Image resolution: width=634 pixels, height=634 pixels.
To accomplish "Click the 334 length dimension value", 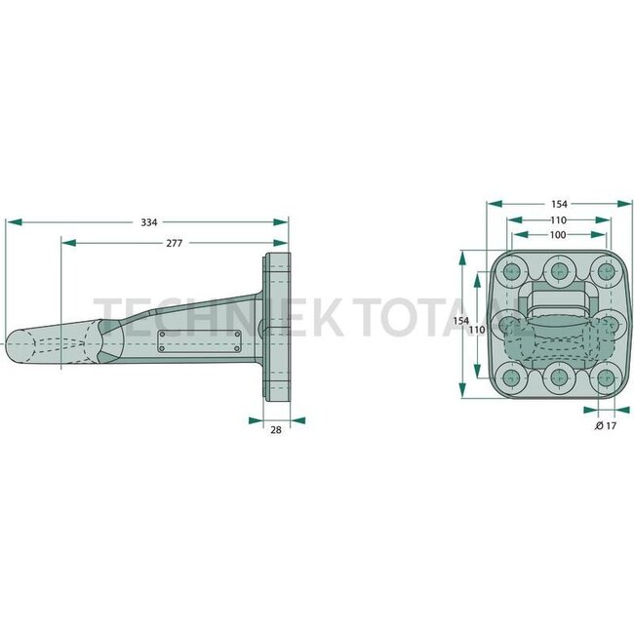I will click(x=149, y=222).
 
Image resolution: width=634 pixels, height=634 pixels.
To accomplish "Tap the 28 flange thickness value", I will click(x=277, y=429).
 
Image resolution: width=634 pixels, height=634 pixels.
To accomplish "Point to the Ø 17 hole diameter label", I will click(x=606, y=426).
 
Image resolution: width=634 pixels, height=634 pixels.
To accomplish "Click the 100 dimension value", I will click(x=558, y=235).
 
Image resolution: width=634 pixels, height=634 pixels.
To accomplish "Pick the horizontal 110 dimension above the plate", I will click(x=558, y=220).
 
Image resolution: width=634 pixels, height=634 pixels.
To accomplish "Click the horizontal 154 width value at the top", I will click(x=558, y=204).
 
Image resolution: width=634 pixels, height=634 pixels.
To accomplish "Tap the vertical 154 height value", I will click(x=460, y=321).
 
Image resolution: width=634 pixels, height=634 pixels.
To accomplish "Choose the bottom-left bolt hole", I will click(x=512, y=377).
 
